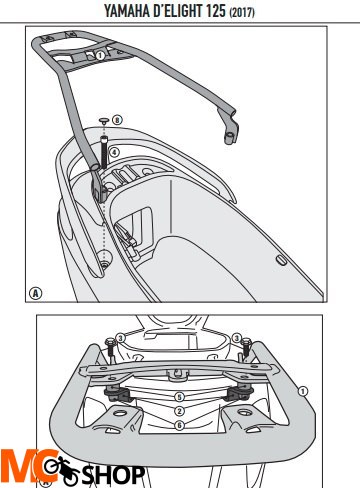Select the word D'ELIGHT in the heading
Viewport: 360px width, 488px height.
click(x=178, y=11)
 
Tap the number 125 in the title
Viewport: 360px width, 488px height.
click(x=216, y=11)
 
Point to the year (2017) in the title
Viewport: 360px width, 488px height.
click(x=242, y=13)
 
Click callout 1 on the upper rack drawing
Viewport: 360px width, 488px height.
click(x=100, y=55)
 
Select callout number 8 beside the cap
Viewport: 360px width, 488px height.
click(x=117, y=120)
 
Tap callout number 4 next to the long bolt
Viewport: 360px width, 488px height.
click(x=114, y=152)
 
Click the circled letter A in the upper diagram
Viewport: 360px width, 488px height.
click(x=36, y=293)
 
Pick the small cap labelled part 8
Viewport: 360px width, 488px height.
click(x=104, y=120)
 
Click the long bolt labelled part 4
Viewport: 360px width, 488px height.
click(x=104, y=152)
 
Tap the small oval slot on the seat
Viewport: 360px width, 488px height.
click(x=282, y=261)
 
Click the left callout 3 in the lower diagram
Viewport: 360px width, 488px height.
click(x=120, y=339)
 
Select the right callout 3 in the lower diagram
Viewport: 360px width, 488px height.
click(x=237, y=338)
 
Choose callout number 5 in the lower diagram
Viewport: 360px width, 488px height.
click(x=179, y=397)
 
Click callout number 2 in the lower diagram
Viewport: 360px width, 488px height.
click(x=179, y=411)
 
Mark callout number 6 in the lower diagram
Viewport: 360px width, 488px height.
click(x=179, y=425)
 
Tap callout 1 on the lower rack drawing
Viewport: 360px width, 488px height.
click(x=303, y=391)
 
